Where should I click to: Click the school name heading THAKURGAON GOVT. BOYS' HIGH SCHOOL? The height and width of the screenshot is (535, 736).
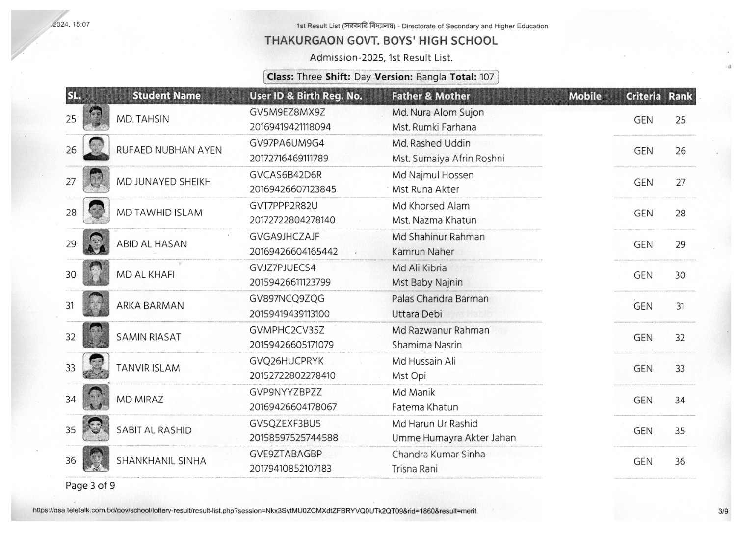[x=381, y=40]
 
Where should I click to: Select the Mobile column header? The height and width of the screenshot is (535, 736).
[x=585, y=96]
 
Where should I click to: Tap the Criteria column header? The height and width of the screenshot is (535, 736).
[x=643, y=96]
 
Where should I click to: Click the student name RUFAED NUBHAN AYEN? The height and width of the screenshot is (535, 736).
[x=169, y=150]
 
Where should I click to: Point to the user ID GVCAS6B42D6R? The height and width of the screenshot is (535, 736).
[x=286, y=175]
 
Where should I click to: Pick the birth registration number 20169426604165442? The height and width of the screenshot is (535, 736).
[x=293, y=251]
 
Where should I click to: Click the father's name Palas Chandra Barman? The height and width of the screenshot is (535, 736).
[x=440, y=299]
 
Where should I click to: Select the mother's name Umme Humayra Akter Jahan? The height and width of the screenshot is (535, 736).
[x=453, y=438]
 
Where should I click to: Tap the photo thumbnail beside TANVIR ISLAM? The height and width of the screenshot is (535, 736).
[x=96, y=367]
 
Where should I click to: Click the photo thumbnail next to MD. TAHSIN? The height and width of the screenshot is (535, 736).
[x=96, y=118]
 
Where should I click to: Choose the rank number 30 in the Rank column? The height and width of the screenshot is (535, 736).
[x=680, y=275]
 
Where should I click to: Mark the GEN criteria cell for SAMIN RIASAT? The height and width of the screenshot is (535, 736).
[x=643, y=338]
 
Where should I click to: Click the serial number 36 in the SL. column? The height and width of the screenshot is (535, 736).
[x=71, y=460]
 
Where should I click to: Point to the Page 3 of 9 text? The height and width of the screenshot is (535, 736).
[x=90, y=486]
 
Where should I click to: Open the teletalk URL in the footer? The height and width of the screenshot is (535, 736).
[x=254, y=511]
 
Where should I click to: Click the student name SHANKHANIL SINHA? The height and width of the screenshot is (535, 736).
[x=161, y=461]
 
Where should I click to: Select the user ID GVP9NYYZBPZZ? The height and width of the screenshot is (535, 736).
[x=286, y=392]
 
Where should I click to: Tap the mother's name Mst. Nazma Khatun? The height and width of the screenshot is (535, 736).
[x=434, y=220]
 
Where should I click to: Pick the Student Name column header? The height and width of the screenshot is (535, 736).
[x=166, y=96]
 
